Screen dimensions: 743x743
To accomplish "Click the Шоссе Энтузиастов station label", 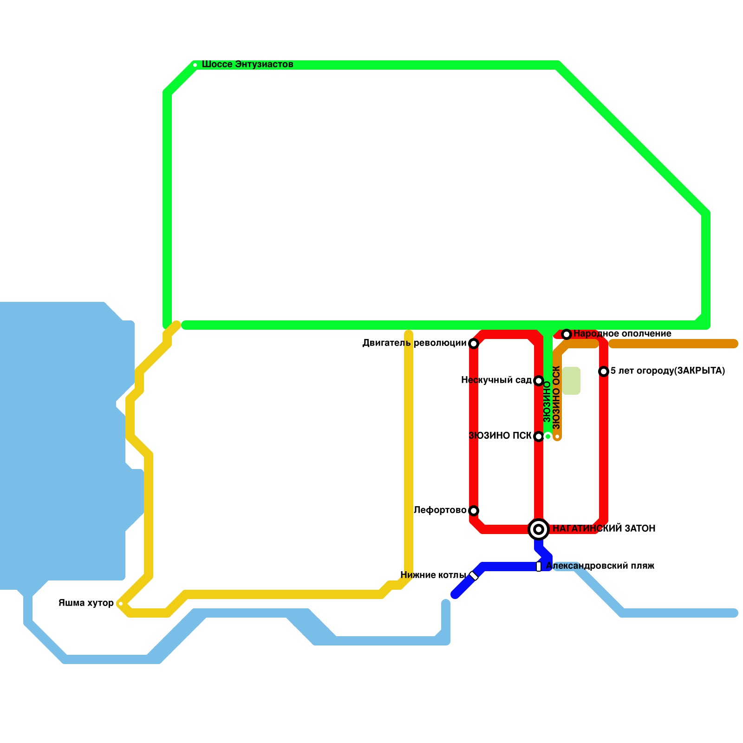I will click(247, 64).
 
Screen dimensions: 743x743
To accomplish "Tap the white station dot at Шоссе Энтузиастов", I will click(195, 65).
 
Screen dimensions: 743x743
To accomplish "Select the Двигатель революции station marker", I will click(474, 344).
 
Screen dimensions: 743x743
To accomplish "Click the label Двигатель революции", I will click(414, 343).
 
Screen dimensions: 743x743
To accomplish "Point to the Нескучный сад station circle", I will click(539, 381).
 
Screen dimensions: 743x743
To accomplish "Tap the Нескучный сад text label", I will click(496, 380).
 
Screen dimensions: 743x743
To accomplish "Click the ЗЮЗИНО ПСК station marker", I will click(539, 437).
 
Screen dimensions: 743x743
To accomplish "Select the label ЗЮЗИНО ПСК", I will click(500, 436).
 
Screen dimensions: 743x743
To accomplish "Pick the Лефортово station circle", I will click(474, 511).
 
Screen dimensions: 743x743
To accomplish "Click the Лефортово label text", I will click(440, 510).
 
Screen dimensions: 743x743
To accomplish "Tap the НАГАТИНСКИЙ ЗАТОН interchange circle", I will click(539, 529).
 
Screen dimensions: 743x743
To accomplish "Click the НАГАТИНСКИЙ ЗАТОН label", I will click(604, 528).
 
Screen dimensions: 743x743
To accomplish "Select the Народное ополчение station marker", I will click(567, 334).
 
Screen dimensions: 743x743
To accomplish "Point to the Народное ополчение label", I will click(622, 334).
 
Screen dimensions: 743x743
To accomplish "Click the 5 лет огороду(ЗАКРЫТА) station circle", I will click(604, 371).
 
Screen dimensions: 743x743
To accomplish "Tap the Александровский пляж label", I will click(600, 566).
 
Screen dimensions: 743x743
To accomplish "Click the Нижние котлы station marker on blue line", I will click(474, 576).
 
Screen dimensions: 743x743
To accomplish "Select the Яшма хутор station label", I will click(86, 603).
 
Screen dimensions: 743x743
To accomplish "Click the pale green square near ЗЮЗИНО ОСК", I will click(571, 381).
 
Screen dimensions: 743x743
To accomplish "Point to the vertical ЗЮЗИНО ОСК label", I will click(557, 398).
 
